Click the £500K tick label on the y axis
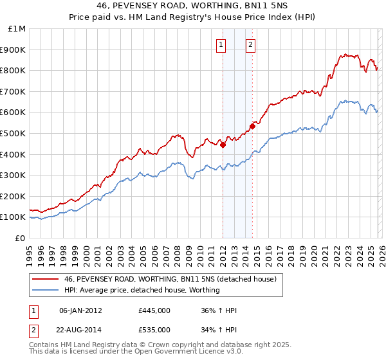[13, 133]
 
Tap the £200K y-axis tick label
[13, 196]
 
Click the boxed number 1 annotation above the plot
[221, 44]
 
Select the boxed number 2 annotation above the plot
[250, 44]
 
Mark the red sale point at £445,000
[223, 145]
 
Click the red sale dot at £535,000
[253, 126]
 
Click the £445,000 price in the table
[154, 310]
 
